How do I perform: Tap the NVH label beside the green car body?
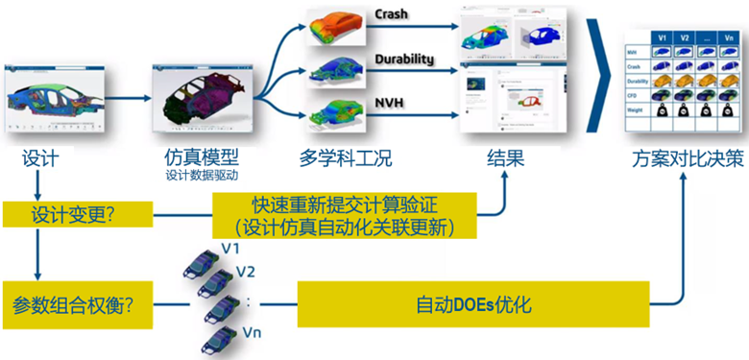389,100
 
